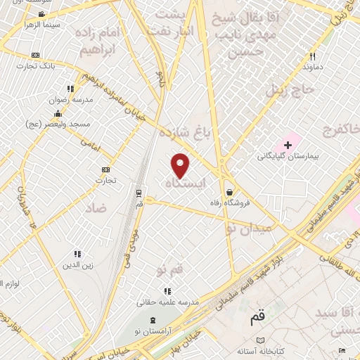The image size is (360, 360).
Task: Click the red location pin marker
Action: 181,165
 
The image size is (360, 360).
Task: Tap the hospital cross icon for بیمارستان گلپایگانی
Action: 288,144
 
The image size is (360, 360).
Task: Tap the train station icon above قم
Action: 139,191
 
